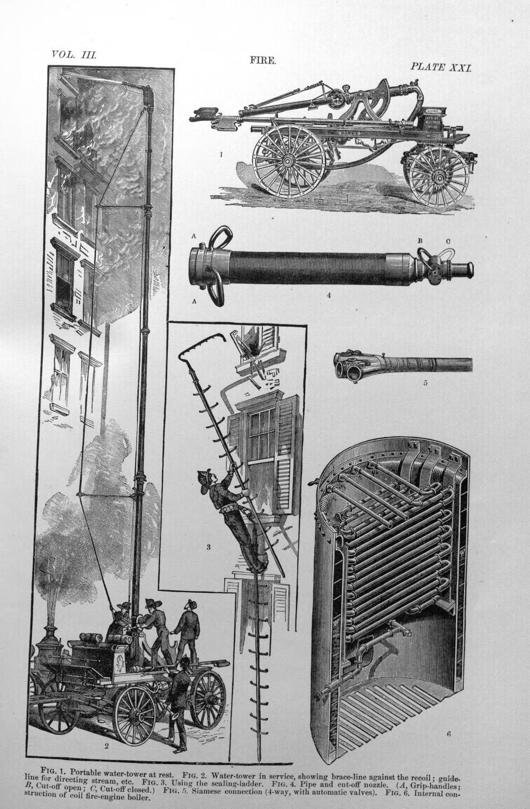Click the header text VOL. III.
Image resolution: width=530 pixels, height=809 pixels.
(x=74, y=55)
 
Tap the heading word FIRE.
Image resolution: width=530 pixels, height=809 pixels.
(x=263, y=60)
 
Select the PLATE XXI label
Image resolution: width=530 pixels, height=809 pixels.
(x=440, y=67)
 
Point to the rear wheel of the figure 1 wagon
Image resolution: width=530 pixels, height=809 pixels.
(x=289, y=160)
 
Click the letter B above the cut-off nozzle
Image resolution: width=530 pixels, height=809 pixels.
(x=420, y=241)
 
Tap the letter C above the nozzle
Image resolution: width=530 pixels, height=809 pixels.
(x=447, y=241)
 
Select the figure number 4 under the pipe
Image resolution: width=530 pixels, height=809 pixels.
(x=329, y=295)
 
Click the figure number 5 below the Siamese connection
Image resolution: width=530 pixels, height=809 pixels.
(x=425, y=383)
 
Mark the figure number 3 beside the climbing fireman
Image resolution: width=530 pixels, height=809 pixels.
(x=208, y=547)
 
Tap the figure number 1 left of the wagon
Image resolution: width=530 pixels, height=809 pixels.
(x=220, y=154)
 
